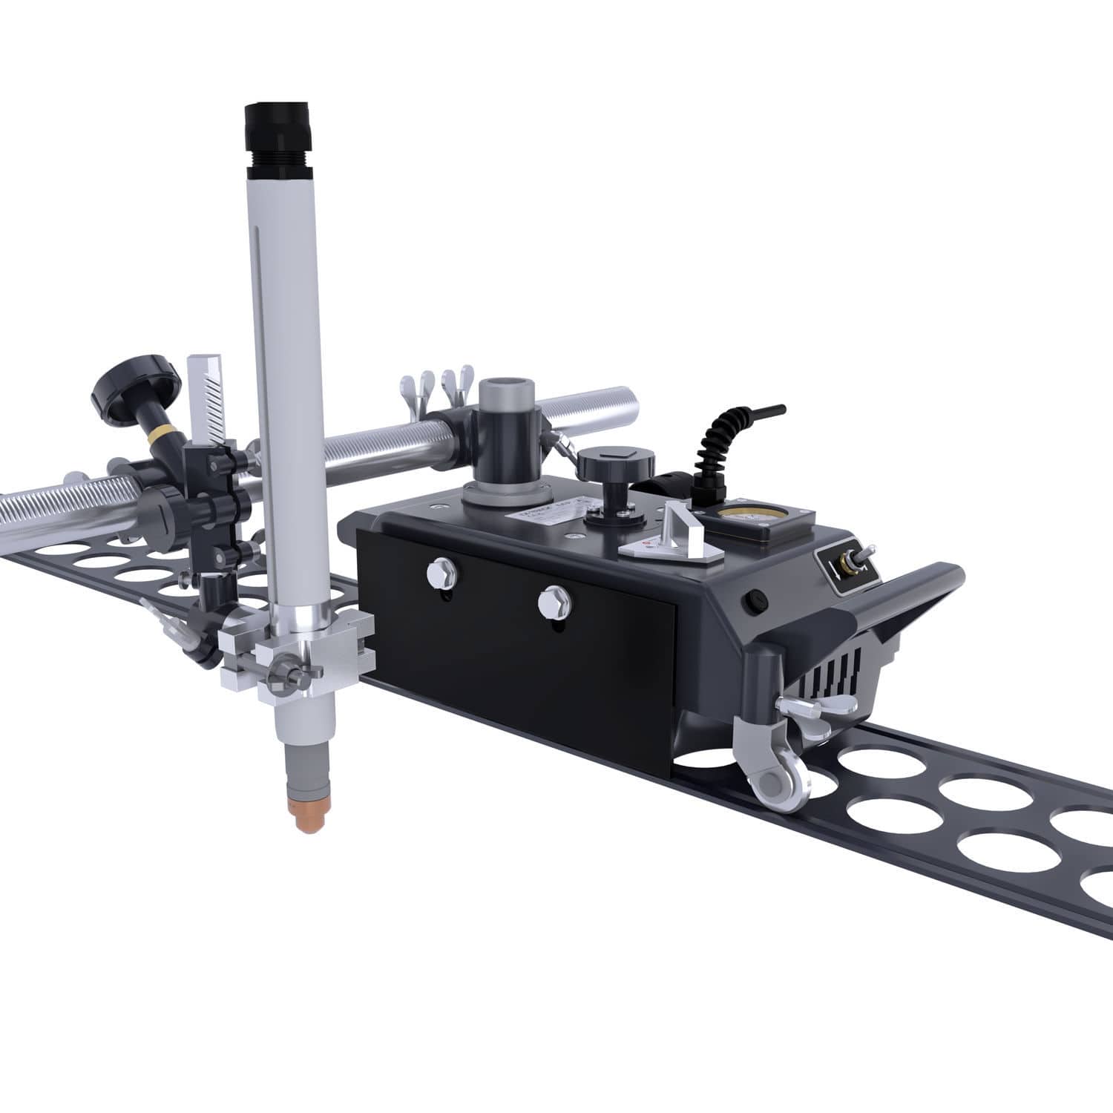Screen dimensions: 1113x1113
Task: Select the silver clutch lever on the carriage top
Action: click(x=675, y=530)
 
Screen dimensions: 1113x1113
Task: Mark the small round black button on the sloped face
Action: click(x=755, y=598)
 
